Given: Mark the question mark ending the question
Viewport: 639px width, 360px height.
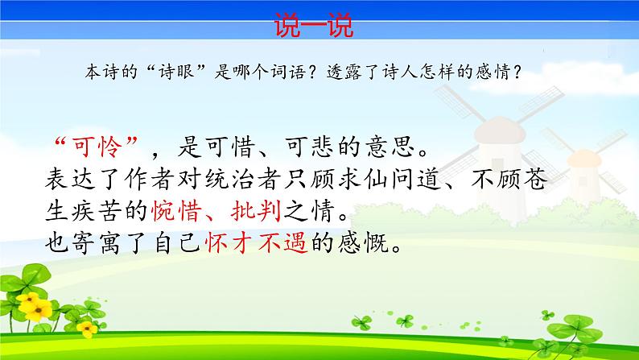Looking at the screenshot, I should (x=526, y=72).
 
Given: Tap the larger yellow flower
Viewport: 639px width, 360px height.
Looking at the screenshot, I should (x=34, y=304).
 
